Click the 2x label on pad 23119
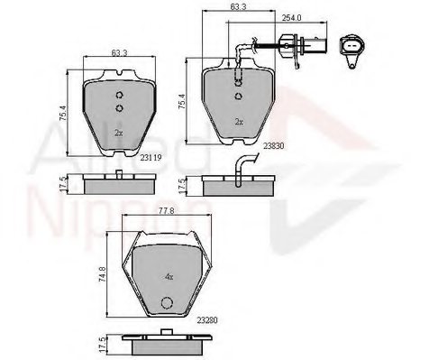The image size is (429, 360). coord(117,132)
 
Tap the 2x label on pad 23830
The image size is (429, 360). coord(238,121)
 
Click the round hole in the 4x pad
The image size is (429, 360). coord(164,303)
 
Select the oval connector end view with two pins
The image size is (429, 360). coord(351,49)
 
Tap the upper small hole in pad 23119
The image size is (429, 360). coord(118,97)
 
